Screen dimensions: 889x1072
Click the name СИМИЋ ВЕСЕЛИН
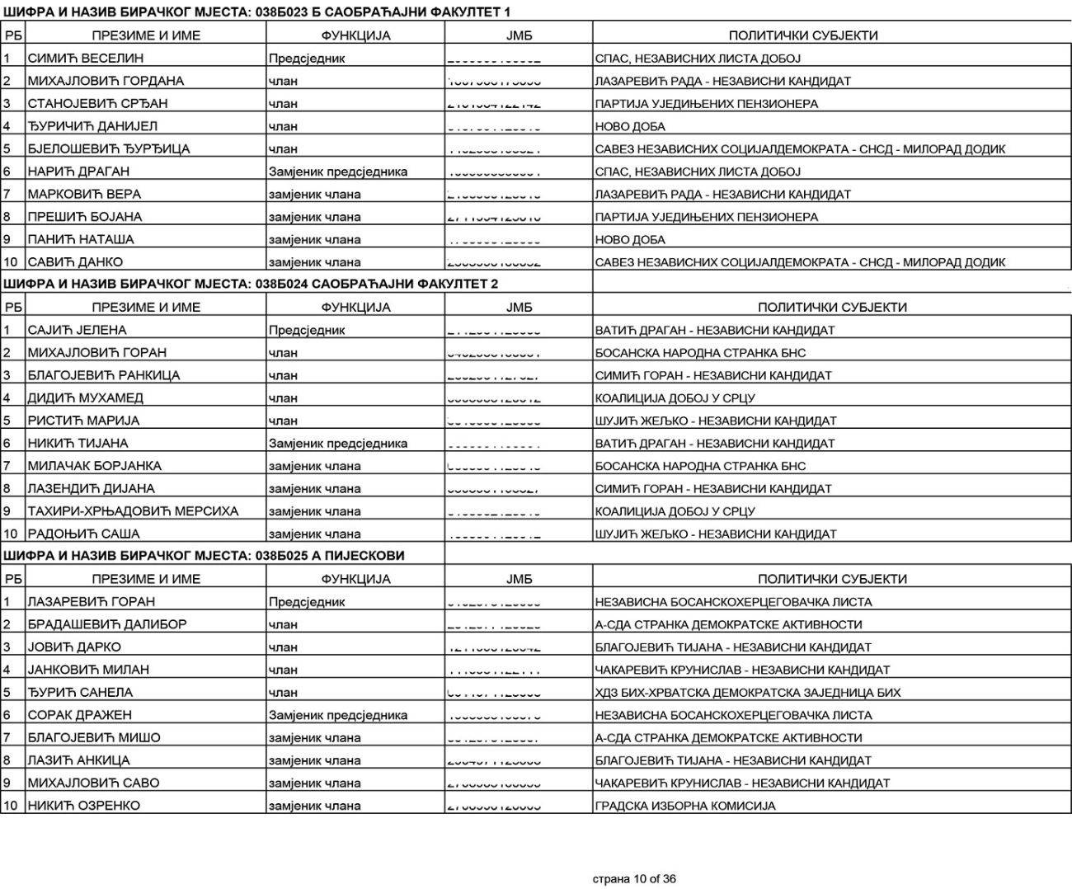(x=86, y=59)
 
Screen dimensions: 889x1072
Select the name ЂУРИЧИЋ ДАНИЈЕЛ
(x=92, y=126)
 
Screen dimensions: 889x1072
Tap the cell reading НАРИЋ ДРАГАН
(x=78, y=172)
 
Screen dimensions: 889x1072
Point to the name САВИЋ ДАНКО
(x=75, y=262)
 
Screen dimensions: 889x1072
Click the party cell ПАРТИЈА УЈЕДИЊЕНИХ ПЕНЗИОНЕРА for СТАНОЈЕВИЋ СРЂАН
(x=707, y=104)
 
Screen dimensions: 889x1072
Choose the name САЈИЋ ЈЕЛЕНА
(x=78, y=330)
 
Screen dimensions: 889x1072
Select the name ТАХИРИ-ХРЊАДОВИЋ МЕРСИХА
(x=133, y=511)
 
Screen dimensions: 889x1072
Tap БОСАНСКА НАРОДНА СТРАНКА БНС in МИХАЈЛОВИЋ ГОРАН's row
(x=700, y=353)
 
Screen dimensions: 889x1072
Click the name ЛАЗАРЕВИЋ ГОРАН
(x=92, y=602)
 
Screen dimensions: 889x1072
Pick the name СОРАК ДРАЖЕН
(x=80, y=715)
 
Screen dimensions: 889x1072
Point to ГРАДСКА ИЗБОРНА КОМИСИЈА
(x=685, y=806)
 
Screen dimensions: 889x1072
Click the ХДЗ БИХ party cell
(x=748, y=693)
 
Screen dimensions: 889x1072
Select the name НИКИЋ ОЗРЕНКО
(x=84, y=806)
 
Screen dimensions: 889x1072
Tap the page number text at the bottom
(x=634, y=879)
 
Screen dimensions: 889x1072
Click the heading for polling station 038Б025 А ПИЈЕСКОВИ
(x=205, y=556)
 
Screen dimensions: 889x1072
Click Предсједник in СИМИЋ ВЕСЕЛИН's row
(x=307, y=59)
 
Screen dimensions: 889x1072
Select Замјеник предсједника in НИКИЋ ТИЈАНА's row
(x=338, y=444)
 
